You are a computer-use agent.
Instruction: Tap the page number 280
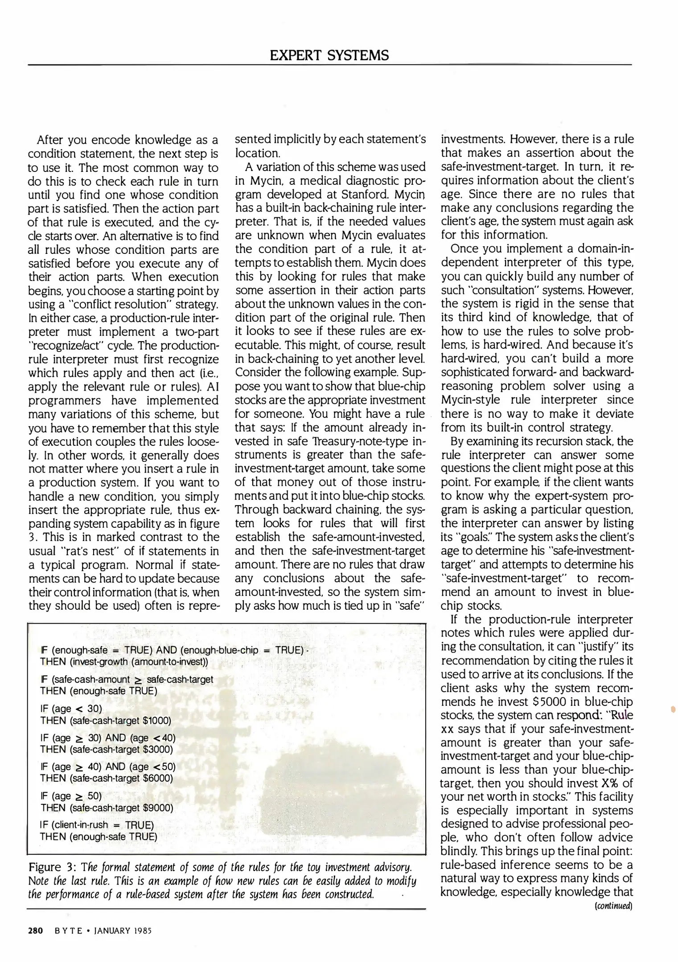[35, 930]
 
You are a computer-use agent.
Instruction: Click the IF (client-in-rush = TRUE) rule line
[97, 824]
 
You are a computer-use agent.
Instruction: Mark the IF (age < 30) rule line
[71, 708]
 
